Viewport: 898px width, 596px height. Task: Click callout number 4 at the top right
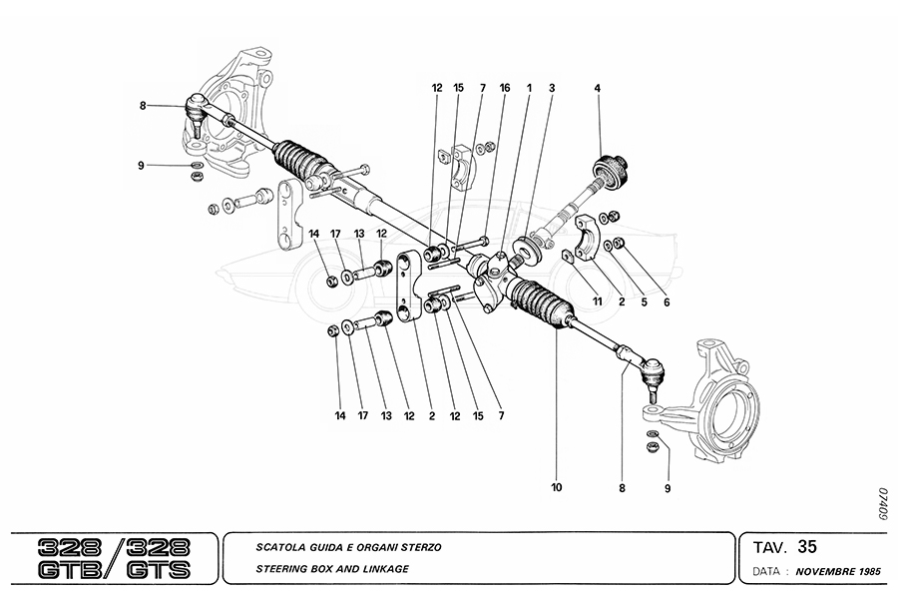tap(598, 89)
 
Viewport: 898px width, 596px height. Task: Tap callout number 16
tap(505, 89)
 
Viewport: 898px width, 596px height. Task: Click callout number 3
tap(551, 89)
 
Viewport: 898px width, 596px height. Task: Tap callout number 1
tap(528, 89)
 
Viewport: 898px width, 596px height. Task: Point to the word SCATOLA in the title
tap(282, 548)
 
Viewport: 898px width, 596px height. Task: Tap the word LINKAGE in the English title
tap(383, 569)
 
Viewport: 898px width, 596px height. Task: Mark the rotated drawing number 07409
tap(881, 505)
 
